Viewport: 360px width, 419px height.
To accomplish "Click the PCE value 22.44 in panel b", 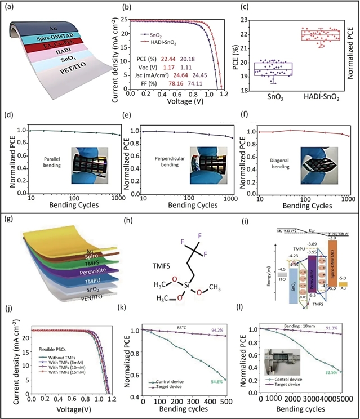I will click(170, 58).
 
